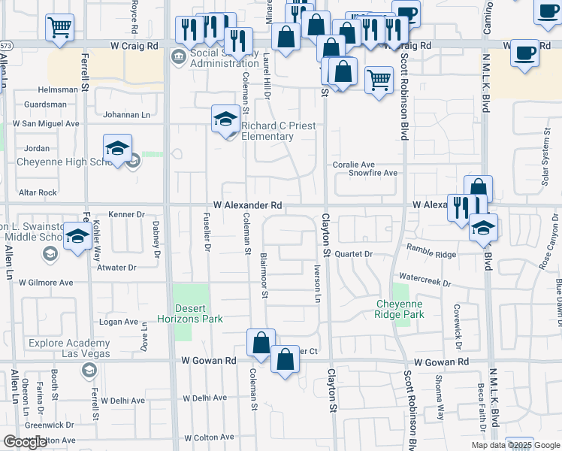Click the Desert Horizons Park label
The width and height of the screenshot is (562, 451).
[199, 313]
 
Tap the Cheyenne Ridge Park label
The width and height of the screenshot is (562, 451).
[400, 309]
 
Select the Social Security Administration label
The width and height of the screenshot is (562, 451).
[214, 58]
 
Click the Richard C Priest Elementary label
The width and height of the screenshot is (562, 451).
[267, 132]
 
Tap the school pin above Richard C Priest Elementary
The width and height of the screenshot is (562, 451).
[225, 120]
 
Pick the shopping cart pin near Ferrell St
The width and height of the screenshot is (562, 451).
[60, 28]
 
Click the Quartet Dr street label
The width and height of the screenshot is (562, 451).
[354, 254]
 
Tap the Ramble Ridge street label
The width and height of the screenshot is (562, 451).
[431, 250]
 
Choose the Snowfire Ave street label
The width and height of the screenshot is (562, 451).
[373, 173]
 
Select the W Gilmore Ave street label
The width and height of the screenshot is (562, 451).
[46, 283]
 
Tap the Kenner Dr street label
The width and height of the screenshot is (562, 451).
[125, 214]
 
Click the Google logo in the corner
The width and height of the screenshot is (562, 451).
[25, 442]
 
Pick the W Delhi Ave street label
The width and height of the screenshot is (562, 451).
[201, 398]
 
